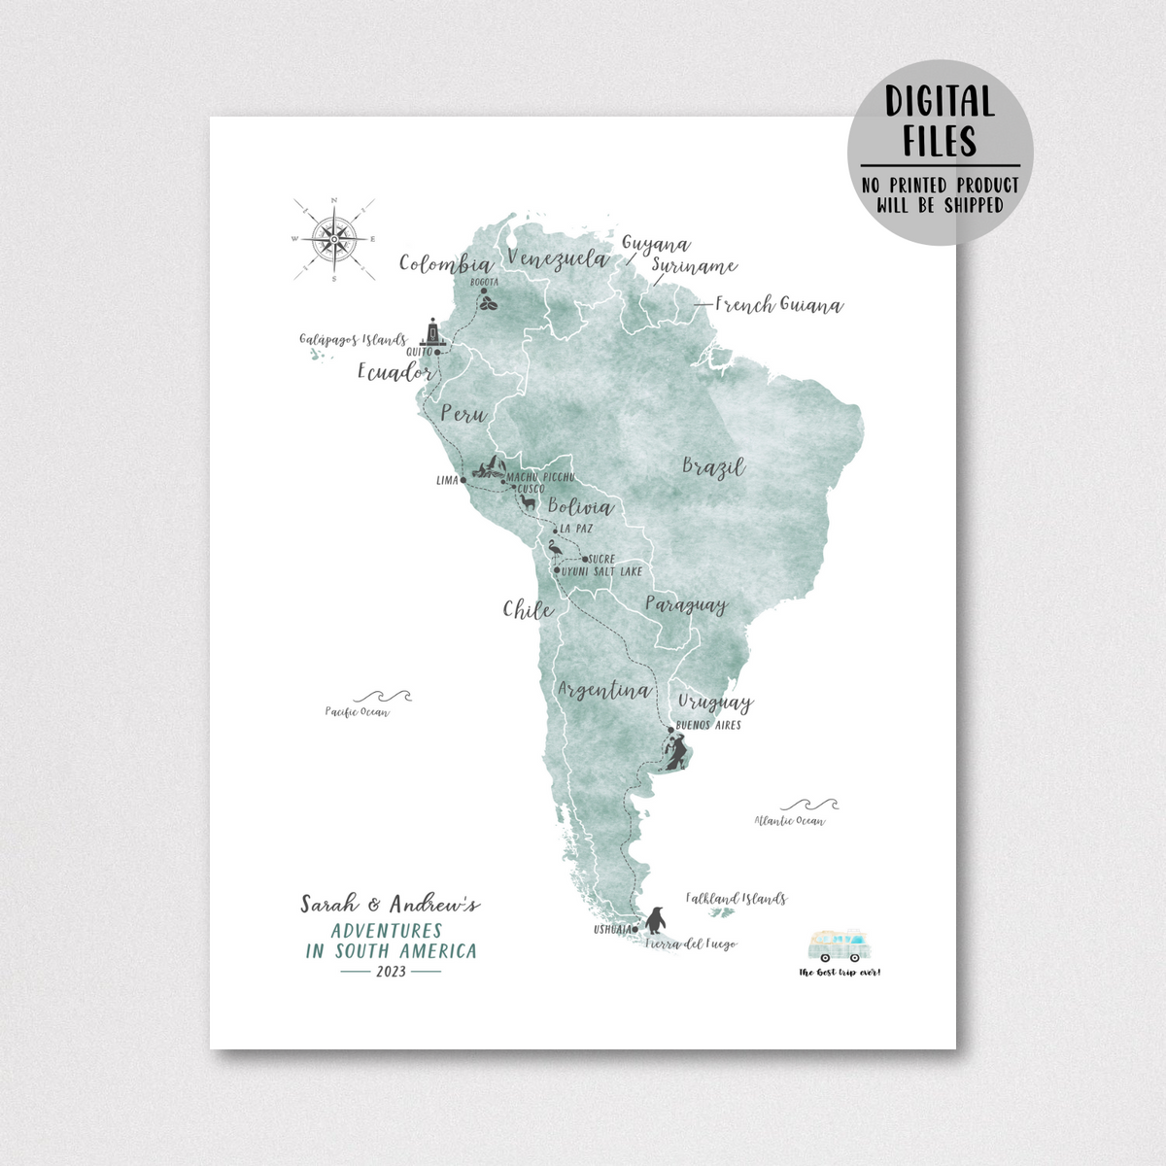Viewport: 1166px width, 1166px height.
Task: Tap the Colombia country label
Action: [x=445, y=264]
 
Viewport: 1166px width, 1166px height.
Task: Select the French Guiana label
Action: [x=778, y=305]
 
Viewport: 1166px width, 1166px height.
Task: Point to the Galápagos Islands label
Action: [x=353, y=340]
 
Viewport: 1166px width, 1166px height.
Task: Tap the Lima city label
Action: [x=447, y=480]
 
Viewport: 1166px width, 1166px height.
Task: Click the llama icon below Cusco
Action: [x=528, y=503]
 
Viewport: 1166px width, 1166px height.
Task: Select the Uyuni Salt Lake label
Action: [x=602, y=571]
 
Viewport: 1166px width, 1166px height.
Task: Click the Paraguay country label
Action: [x=686, y=605]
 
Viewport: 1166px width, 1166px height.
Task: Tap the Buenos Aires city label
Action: [x=707, y=726]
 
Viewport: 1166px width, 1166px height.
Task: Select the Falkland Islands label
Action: [x=736, y=899]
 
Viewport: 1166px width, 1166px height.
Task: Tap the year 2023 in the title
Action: [x=392, y=971]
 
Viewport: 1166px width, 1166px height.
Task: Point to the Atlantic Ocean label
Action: [x=790, y=821]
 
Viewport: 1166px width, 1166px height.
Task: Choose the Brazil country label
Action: [x=713, y=466]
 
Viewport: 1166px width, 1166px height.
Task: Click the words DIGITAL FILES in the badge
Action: [x=939, y=121]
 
